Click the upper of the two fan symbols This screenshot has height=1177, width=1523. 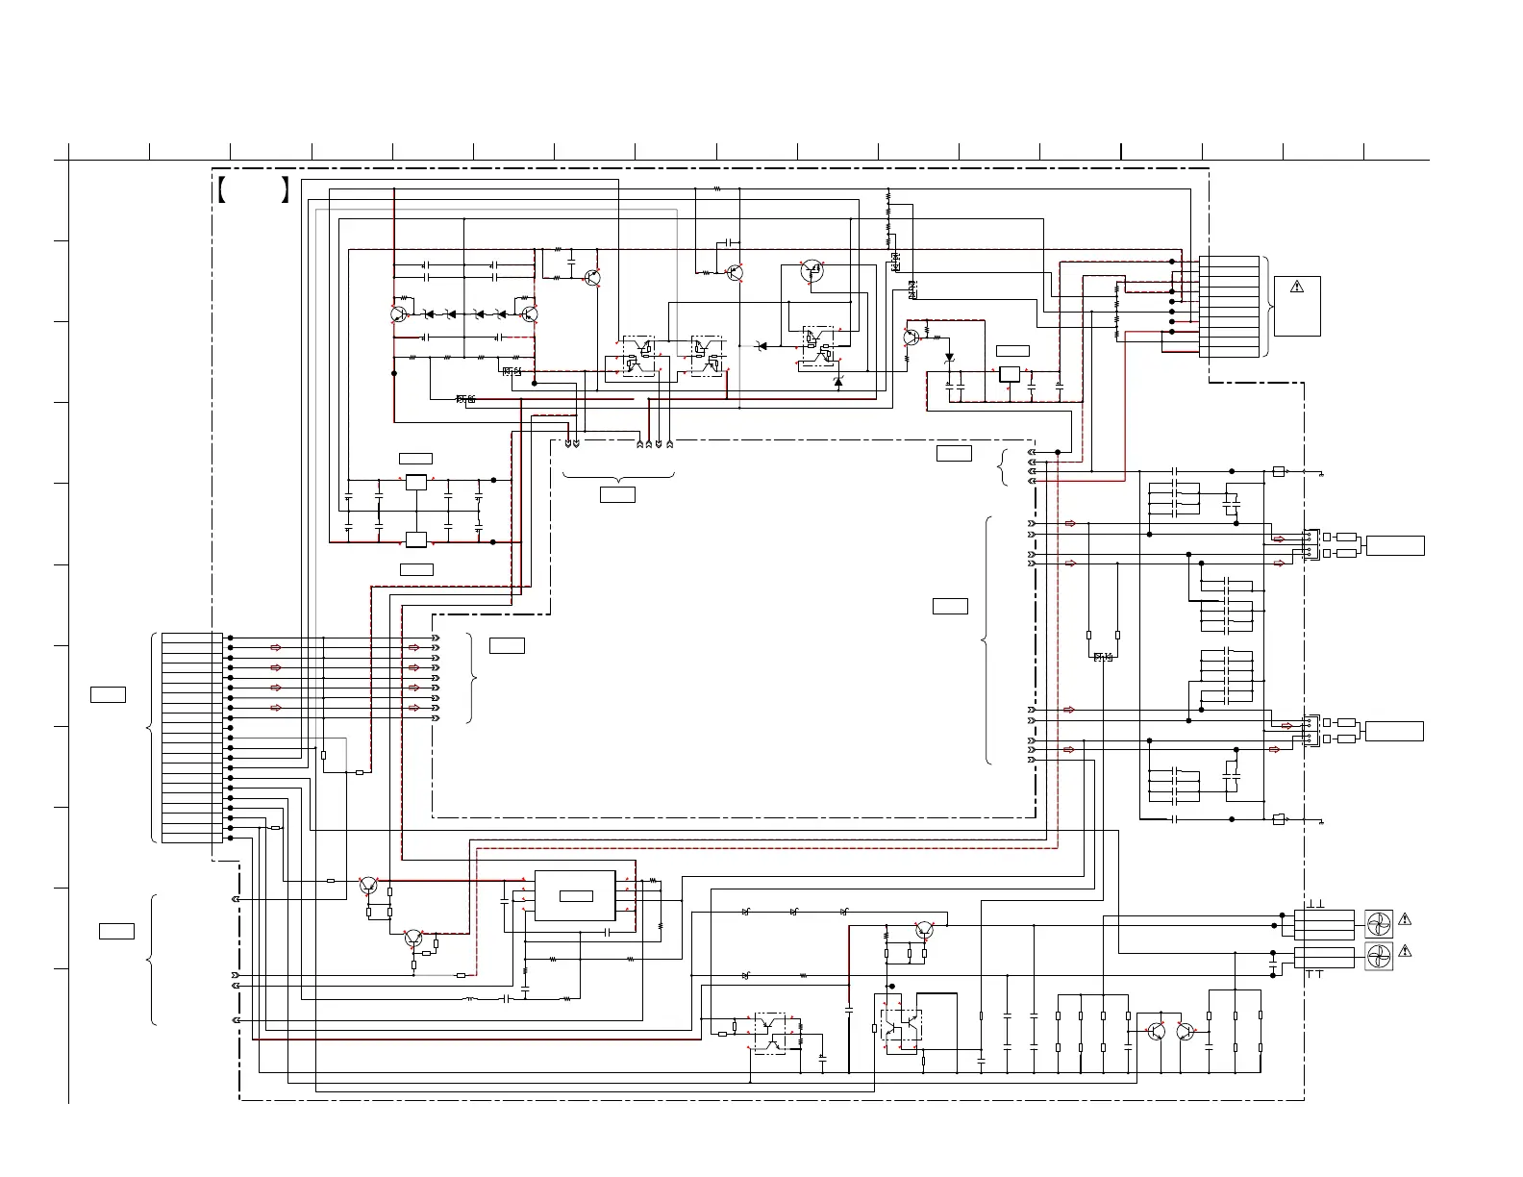point(1379,924)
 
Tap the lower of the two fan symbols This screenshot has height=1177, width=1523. point(1379,955)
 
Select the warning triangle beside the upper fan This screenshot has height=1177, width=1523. point(1405,919)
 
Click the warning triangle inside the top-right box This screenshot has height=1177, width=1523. point(1296,286)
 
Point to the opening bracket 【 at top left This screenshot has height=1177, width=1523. point(221,189)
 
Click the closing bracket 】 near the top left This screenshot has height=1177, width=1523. point(285,189)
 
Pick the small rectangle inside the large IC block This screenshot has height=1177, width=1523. point(576,896)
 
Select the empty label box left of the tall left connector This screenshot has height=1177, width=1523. point(108,694)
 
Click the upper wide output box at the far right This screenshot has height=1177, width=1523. point(1394,545)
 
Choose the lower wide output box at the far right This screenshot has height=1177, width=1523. point(1394,731)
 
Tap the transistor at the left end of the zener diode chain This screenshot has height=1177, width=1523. point(399,313)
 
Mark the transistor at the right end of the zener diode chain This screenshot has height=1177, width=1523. point(529,313)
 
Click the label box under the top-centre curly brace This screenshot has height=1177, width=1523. point(617,494)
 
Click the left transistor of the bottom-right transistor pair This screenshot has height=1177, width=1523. point(1156,1031)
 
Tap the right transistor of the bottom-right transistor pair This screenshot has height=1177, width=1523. point(1186,1031)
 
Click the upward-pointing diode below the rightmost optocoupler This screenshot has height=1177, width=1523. point(837,382)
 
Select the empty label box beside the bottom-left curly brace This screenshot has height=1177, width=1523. point(116,930)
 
